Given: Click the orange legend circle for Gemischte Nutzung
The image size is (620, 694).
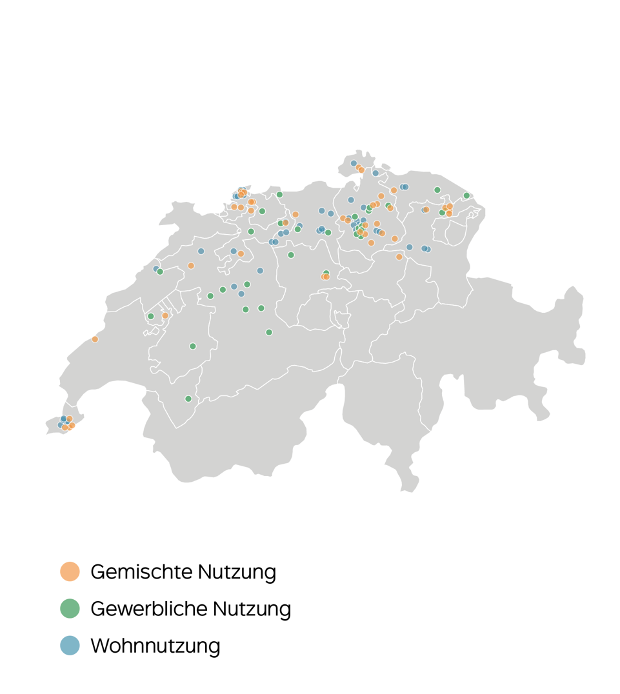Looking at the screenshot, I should click(70, 571).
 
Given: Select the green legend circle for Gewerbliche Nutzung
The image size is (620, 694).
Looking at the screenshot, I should click(70, 608).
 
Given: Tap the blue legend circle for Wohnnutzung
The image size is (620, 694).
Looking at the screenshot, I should click(70, 645).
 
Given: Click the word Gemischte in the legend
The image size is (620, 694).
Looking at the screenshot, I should click(141, 572).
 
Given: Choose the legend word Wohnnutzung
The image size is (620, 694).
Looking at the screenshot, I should click(155, 646).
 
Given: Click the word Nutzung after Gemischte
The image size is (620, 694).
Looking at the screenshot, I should click(237, 572).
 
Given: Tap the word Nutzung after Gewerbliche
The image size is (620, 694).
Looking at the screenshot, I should click(252, 609).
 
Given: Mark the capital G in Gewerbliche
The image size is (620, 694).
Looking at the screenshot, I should click(98, 609).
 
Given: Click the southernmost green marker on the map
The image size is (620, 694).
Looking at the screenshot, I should click(188, 399).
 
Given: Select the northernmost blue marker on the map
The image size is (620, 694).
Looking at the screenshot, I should click(354, 163).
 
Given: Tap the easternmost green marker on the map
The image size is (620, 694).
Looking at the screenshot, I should click(466, 195).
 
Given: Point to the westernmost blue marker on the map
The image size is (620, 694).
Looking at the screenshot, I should click(61, 425).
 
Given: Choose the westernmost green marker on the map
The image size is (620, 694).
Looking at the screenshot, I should click(151, 316).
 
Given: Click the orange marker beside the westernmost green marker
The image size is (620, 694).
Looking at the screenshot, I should click(165, 315).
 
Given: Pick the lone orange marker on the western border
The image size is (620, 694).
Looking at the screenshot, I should click(95, 339).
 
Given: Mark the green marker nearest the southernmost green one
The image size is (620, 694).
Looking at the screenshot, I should click(192, 346).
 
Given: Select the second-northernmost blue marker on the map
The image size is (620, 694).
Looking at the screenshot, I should click(375, 173).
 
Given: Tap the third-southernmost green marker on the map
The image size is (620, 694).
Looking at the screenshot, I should click(269, 333).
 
